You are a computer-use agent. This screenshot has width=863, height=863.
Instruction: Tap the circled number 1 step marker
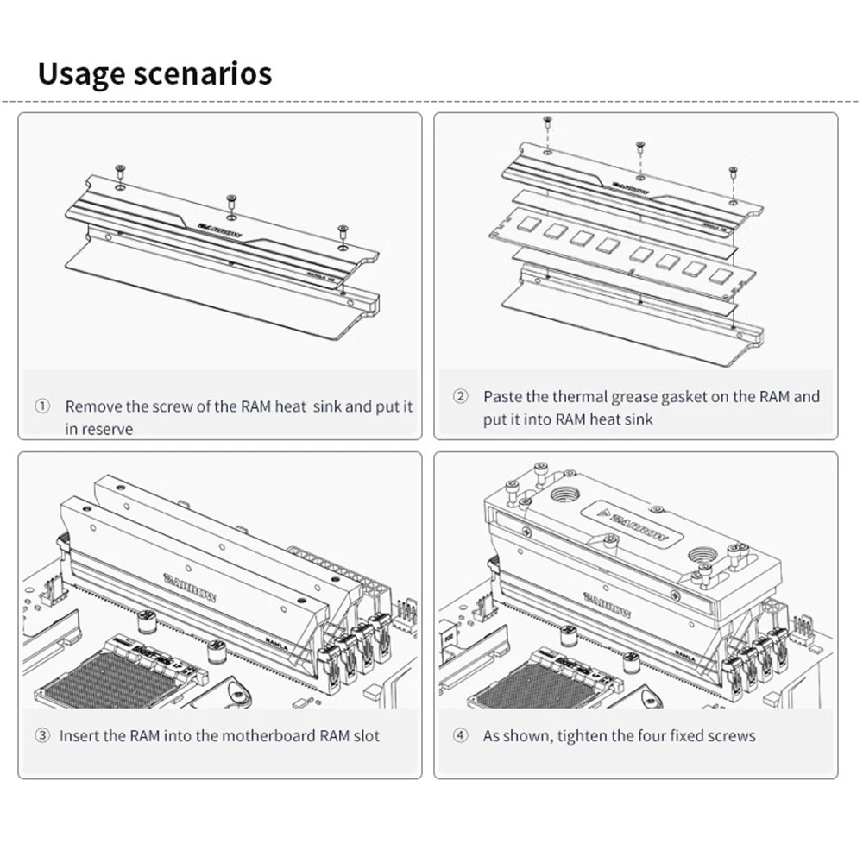tap(42, 406)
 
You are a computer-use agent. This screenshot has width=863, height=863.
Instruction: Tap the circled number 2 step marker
tap(460, 396)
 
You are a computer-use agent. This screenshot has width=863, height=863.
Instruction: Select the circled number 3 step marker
tap(42, 736)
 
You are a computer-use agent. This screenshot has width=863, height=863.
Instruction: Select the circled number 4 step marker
tap(460, 736)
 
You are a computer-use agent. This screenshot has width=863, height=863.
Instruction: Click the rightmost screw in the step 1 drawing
tap(343, 231)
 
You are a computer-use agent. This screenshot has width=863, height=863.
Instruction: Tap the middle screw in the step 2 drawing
tap(639, 148)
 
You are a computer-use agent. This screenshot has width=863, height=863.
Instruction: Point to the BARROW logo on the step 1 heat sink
tap(219, 230)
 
